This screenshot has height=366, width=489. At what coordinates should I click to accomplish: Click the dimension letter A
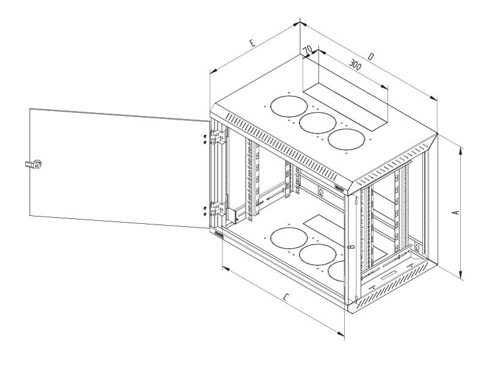(x=455, y=212)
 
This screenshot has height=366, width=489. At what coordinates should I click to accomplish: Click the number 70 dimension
(x=308, y=48)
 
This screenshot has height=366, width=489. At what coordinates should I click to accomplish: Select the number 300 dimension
(x=354, y=63)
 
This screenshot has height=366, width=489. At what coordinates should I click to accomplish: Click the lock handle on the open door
(x=35, y=163)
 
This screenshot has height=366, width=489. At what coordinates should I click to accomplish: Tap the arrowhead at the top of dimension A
(x=462, y=148)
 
